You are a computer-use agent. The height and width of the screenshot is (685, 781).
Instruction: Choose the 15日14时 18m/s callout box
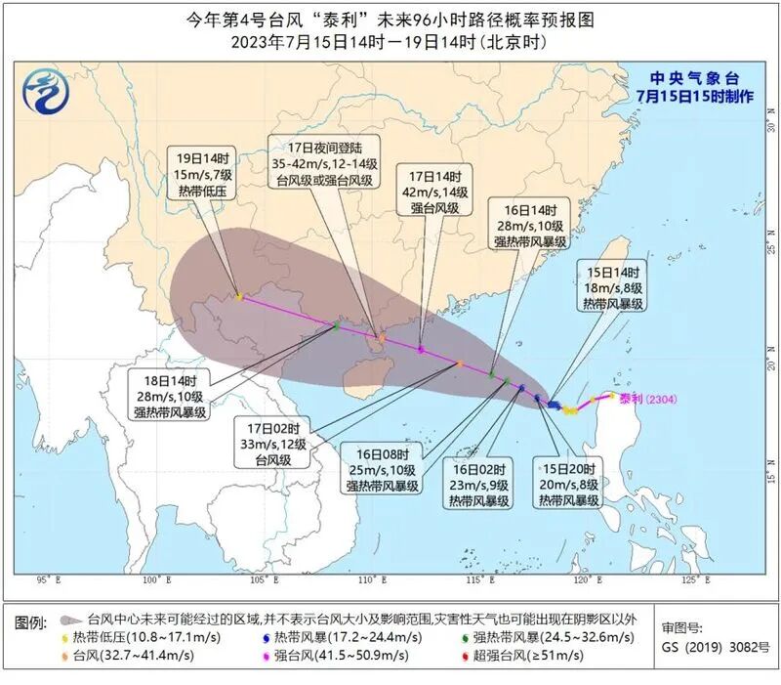[x=613, y=287]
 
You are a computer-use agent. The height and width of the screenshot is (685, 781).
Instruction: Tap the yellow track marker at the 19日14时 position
[x=239, y=296]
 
